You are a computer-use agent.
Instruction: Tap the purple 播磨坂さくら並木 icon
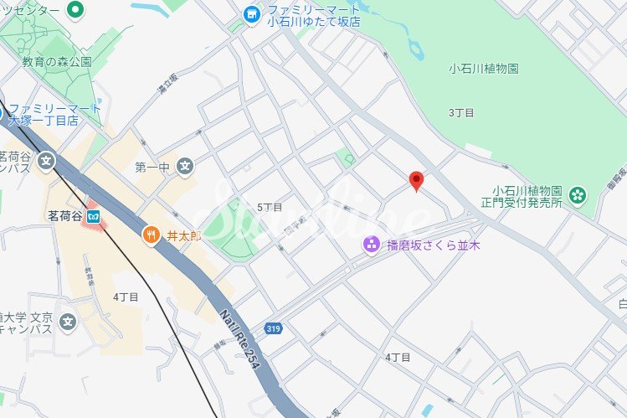370,245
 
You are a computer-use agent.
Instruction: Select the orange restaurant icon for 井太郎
152,235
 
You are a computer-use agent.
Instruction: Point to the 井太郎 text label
185,236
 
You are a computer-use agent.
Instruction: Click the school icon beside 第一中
186,168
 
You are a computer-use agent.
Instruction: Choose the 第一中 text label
152,168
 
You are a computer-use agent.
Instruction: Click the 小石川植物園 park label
484,69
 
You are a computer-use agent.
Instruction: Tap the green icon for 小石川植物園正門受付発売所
577,195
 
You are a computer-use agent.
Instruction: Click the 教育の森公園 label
57,62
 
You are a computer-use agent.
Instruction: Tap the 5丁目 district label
270,207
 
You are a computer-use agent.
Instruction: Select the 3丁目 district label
461,112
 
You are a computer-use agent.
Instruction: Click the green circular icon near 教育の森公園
75,11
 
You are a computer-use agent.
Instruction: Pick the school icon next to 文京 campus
68,321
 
